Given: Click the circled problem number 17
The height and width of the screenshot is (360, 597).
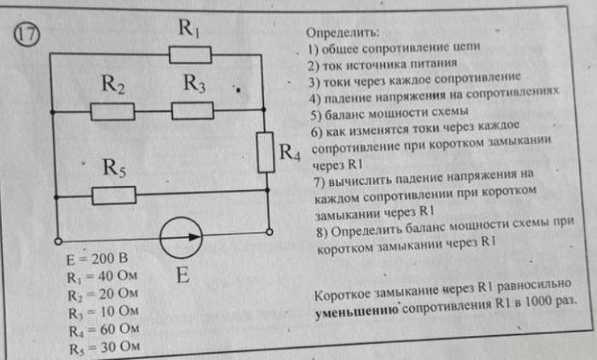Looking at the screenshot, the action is click(x=27, y=34).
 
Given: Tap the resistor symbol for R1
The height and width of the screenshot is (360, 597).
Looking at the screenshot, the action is click(x=191, y=55).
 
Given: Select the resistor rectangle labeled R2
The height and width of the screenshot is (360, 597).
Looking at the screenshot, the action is click(x=113, y=112).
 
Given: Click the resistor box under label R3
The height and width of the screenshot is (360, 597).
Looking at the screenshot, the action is click(x=192, y=110).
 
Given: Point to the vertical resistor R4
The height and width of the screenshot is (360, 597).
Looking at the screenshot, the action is click(x=266, y=152).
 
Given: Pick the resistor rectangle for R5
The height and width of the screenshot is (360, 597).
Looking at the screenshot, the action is click(x=114, y=196).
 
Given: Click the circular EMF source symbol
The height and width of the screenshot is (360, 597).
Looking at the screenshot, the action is click(x=181, y=238).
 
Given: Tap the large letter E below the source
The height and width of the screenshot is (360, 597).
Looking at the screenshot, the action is click(x=183, y=275).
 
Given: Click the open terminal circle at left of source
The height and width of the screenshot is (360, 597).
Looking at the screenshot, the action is click(x=58, y=241).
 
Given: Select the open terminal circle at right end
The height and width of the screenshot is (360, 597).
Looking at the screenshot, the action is click(x=269, y=232).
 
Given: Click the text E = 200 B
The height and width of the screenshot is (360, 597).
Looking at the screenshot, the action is click(x=97, y=259).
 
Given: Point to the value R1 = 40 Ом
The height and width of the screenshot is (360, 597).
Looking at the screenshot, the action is click(x=102, y=277).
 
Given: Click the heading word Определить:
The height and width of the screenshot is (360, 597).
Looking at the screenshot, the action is click(x=343, y=33).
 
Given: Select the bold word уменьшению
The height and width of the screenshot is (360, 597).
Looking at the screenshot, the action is click(x=357, y=311).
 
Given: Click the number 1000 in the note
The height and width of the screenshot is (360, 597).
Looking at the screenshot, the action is click(x=538, y=302).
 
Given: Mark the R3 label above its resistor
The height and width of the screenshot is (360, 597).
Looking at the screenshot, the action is click(x=194, y=83).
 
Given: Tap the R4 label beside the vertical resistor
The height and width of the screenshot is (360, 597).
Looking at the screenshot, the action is click(x=289, y=152).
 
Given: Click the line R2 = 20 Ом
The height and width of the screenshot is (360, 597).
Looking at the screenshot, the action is click(x=103, y=294).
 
